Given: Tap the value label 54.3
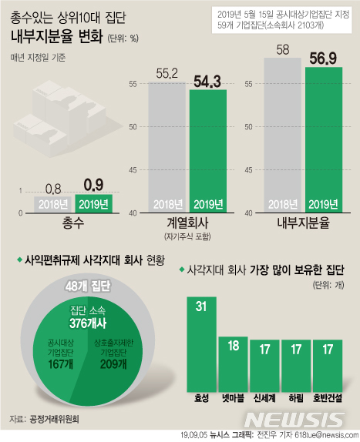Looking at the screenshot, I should pyautogui.click(x=208, y=80).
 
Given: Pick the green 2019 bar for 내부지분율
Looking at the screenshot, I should pyautogui.click(x=324, y=139).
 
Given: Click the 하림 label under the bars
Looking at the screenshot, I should pyautogui.click(x=295, y=400).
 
